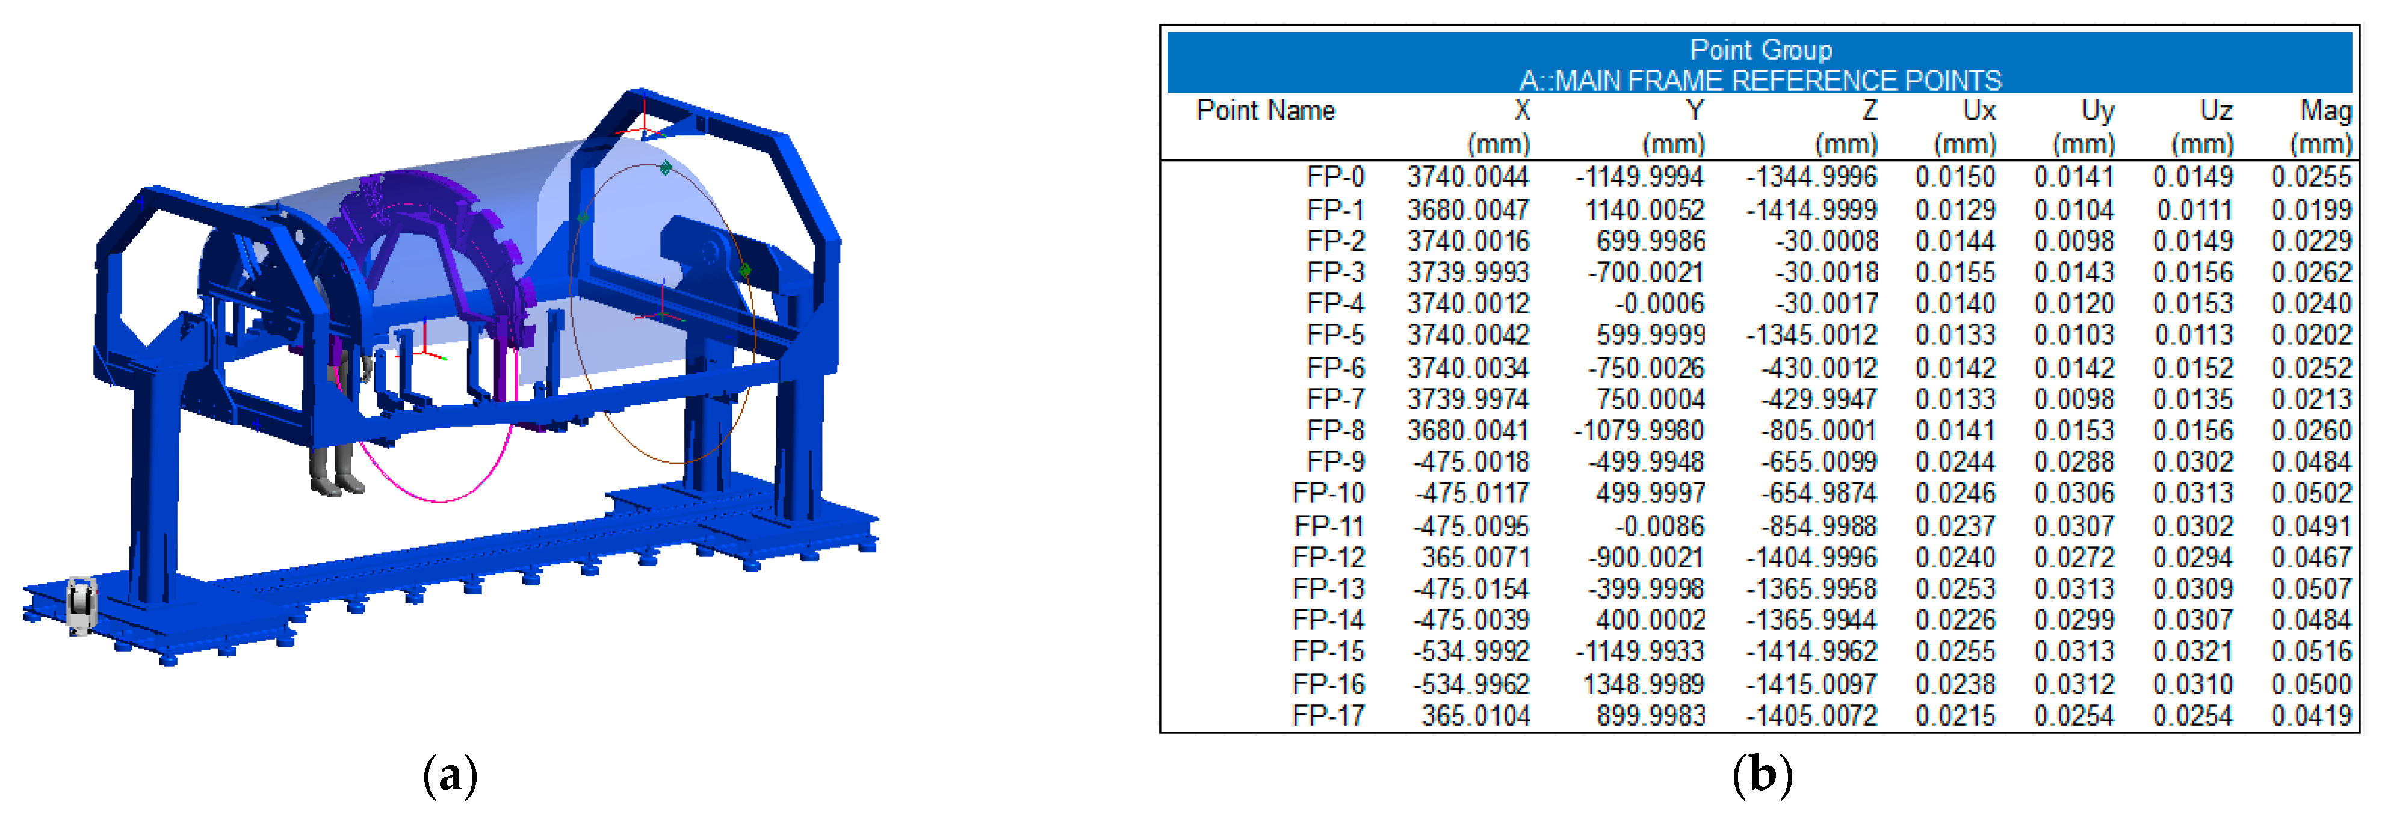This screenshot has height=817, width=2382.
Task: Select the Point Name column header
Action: pyautogui.click(x=1265, y=111)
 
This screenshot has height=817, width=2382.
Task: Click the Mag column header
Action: pyautogui.click(x=2325, y=111)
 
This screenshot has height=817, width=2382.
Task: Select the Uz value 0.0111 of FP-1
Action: pyautogui.click(x=2194, y=210)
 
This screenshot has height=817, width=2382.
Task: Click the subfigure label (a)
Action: pyautogui.click(x=450, y=774)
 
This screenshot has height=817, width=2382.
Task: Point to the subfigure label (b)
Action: pyautogui.click(x=1762, y=774)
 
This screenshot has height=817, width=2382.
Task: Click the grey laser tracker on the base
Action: pyautogui.click(x=81, y=605)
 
